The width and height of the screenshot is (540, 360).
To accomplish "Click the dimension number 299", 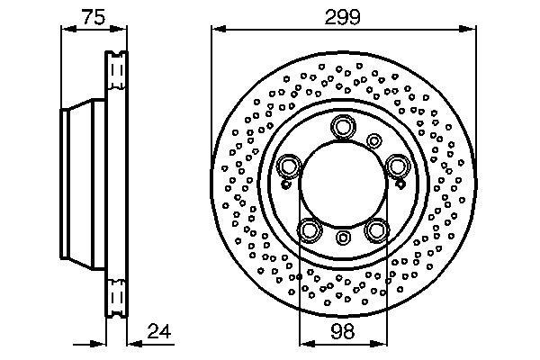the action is (x=343, y=17).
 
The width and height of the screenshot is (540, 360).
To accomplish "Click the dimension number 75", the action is (x=94, y=17).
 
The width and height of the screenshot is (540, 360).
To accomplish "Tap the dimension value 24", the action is (x=159, y=331).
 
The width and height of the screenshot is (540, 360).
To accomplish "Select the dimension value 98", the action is (x=343, y=331).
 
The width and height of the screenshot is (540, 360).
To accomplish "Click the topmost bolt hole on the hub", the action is (x=343, y=126).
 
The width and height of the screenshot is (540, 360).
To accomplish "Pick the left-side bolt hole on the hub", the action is (x=289, y=166).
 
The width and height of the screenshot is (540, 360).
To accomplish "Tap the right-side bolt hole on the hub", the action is (x=397, y=166).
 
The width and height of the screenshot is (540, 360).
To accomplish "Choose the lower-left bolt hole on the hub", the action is (x=310, y=229).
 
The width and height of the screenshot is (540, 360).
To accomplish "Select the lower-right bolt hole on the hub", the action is (x=376, y=229).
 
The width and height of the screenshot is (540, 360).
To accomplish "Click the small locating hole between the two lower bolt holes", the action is (x=343, y=238).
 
